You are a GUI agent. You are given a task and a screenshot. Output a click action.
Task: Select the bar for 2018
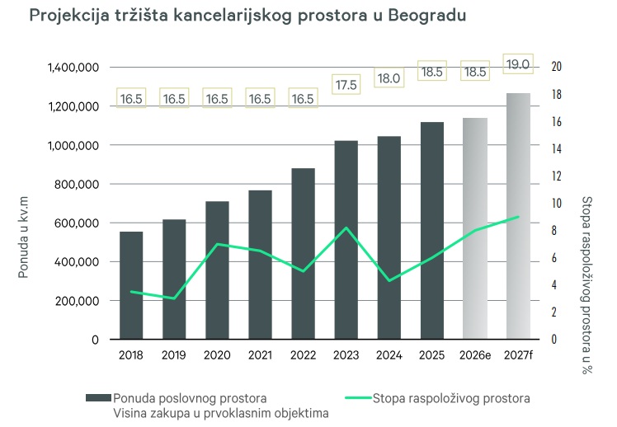pyautogui.click(x=131, y=285)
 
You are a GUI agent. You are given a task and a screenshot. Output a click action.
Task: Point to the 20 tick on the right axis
pyautogui.click(x=556, y=68)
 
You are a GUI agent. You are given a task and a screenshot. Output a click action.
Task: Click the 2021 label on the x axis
pyautogui.click(x=260, y=355)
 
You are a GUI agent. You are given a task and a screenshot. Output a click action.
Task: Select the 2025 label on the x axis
pyautogui.click(x=432, y=355)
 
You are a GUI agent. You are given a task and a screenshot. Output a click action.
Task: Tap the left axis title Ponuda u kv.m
pyautogui.click(x=24, y=232)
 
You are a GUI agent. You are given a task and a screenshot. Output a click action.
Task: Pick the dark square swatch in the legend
pyautogui.click(x=99, y=398)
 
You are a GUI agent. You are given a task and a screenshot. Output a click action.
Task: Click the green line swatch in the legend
pyautogui.click(x=349, y=398)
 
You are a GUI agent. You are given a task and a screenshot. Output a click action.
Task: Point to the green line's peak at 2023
pyautogui.click(x=346, y=228)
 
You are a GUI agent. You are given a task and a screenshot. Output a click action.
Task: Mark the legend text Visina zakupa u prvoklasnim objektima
pyautogui.click(x=222, y=413)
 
